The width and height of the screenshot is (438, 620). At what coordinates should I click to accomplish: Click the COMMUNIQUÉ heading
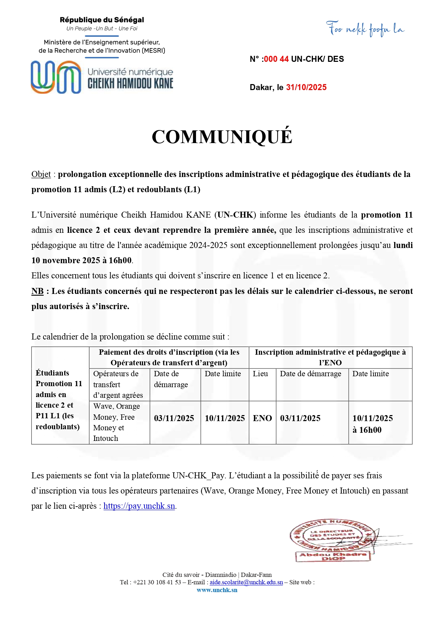(x=222, y=137)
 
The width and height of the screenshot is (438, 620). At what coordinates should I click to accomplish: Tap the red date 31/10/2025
(x=306, y=87)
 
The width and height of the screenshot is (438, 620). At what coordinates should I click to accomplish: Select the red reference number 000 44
(x=276, y=59)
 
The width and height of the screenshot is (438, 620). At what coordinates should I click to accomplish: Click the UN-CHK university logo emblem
(x=56, y=77)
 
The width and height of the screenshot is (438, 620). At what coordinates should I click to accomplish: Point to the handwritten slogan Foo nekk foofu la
(x=365, y=29)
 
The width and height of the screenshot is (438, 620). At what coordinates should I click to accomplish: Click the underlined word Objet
(x=41, y=174)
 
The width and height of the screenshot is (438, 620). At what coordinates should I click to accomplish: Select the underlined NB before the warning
(x=37, y=291)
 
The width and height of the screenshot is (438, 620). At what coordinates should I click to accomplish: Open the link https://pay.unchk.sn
(x=139, y=506)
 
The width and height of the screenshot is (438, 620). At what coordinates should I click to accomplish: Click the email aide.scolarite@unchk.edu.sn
(x=246, y=582)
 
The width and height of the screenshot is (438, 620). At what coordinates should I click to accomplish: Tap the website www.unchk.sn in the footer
(x=217, y=590)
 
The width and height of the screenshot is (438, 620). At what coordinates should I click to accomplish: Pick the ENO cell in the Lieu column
(x=262, y=418)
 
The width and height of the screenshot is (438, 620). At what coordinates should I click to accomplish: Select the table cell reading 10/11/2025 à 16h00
(x=372, y=424)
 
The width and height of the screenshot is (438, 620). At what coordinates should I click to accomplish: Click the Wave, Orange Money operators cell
(x=117, y=422)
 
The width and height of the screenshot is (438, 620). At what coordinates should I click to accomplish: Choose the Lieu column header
(x=260, y=374)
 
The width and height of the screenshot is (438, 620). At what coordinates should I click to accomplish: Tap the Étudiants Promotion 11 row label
(x=59, y=400)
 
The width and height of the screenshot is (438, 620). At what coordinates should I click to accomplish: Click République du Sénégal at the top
(x=102, y=20)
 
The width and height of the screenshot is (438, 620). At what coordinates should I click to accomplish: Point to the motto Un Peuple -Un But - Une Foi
(x=102, y=29)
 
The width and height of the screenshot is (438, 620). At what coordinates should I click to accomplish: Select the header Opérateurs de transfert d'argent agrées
(x=118, y=384)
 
